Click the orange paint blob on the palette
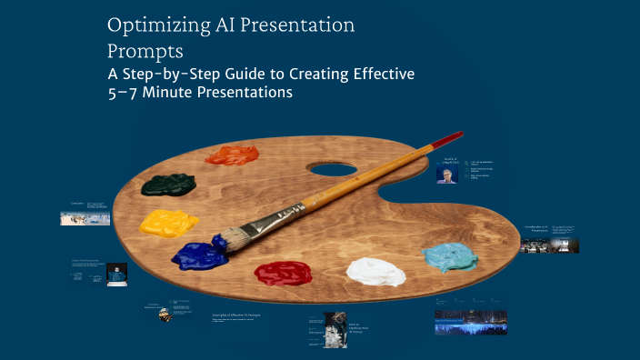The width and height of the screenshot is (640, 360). [x=232, y=155]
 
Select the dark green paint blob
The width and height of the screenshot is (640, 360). [x=168, y=185]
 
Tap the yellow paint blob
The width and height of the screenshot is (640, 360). [x=169, y=223]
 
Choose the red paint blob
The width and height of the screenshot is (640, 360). [x=283, y=272]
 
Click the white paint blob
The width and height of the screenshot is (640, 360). [x=375, y=271]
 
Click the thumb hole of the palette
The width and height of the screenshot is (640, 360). [x=332, y=169]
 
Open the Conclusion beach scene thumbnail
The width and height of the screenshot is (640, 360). [x=85, y=218]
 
